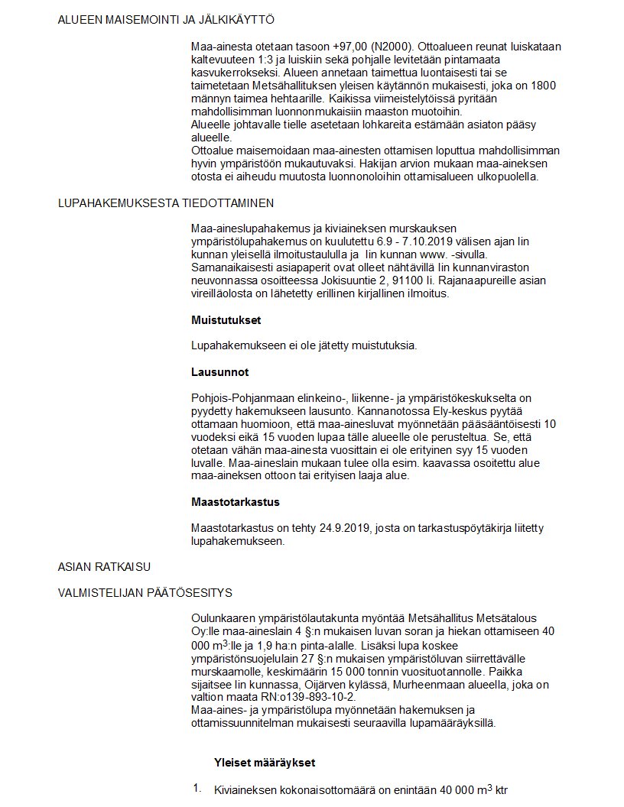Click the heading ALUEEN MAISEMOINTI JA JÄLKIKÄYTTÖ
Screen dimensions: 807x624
[166, 19]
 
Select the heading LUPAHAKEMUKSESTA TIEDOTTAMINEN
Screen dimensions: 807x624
[165, 203]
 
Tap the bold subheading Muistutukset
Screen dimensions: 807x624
[226, 319]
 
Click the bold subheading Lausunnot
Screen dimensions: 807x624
[219, 372]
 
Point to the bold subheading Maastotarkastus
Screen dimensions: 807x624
[235, 502]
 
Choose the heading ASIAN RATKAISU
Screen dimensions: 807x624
[104, 566]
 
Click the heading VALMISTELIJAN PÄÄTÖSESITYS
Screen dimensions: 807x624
[145, 592]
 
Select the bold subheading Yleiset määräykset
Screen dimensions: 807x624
[265, 763]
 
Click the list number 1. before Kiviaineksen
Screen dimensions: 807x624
[197, 787]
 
